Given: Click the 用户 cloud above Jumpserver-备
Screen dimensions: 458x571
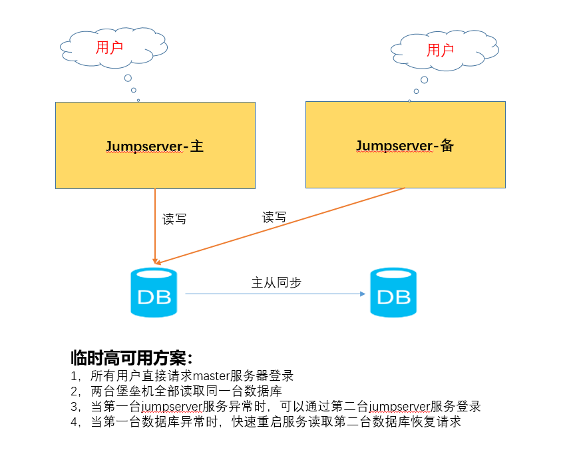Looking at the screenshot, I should coord(442,50).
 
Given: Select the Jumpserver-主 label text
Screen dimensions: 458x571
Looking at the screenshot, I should coord(154,146).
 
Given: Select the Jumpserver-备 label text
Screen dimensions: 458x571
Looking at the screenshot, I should coord(405,146).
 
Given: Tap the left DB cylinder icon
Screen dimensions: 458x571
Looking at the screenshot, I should coord(154,292).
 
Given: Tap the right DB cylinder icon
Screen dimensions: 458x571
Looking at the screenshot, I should coord(393,292).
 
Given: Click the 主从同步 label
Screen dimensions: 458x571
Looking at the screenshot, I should coord(276,283).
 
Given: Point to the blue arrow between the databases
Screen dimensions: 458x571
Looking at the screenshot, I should coord(276,294).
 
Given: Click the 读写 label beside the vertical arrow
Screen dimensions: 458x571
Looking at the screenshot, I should coord(174,219).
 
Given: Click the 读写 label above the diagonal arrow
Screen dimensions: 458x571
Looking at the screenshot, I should coord(274,217).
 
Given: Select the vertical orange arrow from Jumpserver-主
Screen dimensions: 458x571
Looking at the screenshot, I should coord(155,226).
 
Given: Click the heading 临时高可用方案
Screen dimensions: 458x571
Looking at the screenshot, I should coord(130,357).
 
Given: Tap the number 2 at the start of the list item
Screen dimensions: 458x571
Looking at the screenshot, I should coord(74,391).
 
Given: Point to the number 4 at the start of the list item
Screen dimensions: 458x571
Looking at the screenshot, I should coord(74,421).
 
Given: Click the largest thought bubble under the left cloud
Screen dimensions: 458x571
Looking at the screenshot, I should coord(128,79).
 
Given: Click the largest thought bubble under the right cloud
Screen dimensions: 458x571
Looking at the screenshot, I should coord(424,80).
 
